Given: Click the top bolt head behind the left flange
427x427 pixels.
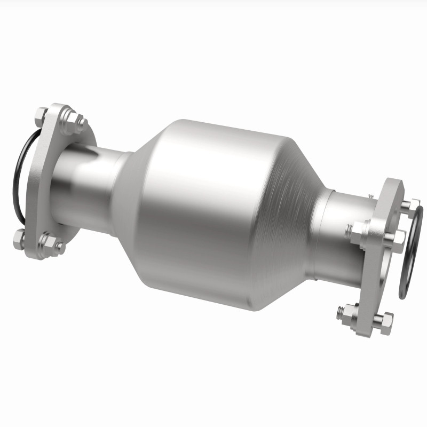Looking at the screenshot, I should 41,114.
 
